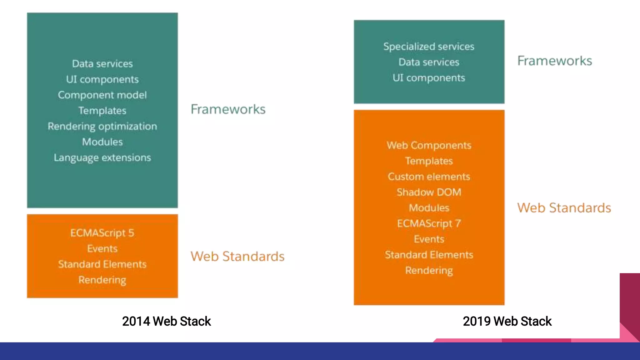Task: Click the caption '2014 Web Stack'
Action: point(166,321)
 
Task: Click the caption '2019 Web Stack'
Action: point(507,321)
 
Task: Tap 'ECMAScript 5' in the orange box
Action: point(102,233)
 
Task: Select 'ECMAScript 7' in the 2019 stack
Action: point(429,223)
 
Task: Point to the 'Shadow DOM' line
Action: point(429,192)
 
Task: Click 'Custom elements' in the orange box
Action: point(429,177)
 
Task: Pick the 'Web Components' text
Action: point(429,145)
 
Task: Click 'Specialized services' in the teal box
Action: point(429,47)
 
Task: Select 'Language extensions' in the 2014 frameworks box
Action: point(102,157)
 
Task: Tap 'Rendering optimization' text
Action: point(102,126)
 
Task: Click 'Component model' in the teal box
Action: point(102,95)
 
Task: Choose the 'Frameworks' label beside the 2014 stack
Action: point(228,109)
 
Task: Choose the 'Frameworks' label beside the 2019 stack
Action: point(554,61)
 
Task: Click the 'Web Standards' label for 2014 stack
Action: point(237,256)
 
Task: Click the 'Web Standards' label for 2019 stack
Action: point(564,208)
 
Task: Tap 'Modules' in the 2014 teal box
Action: point(102,142)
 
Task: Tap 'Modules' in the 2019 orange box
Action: point(429,208)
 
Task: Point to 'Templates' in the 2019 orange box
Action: point(429,161)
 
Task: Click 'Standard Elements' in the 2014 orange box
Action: point(102,264)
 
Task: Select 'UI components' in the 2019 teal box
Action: point(429,78)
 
